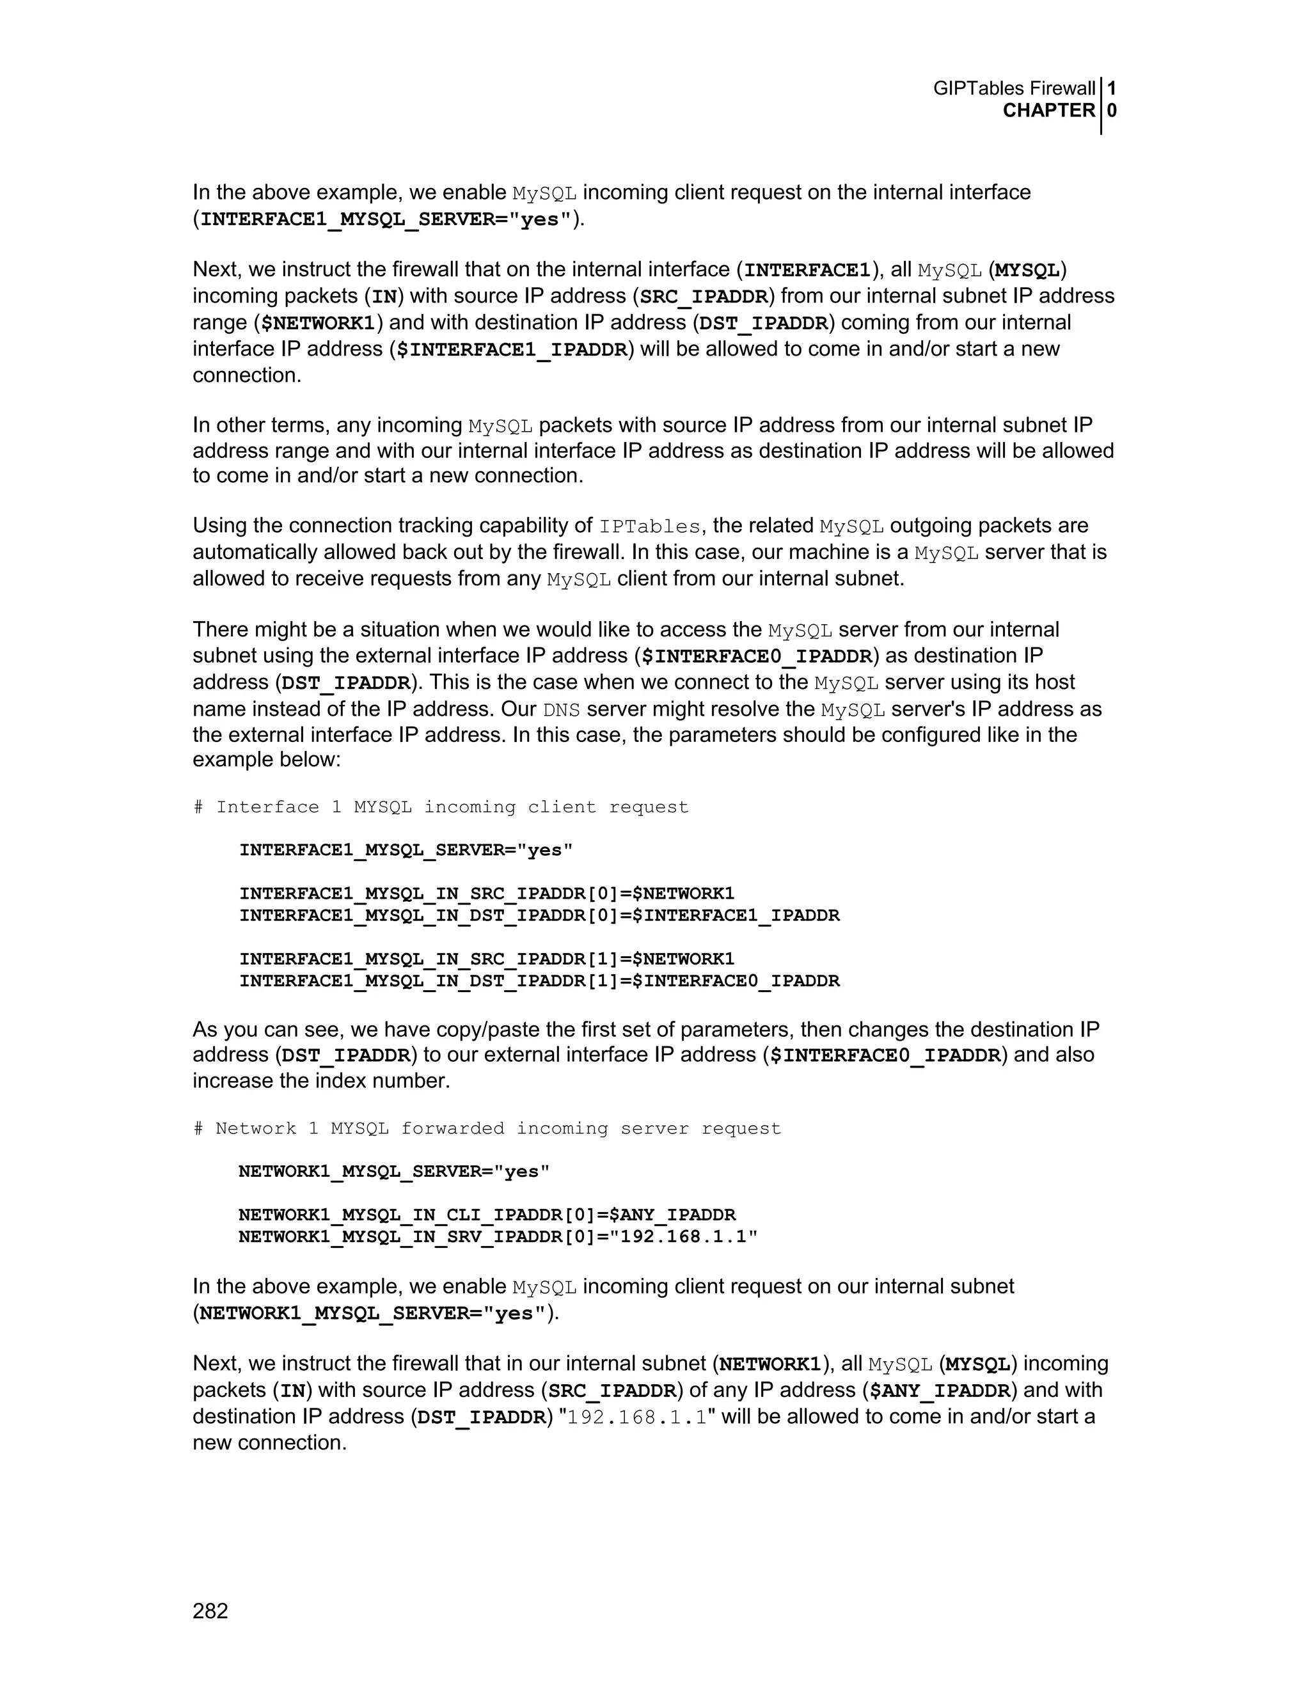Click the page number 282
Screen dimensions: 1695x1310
point(210,1611)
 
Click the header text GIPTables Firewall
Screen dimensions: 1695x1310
point(1014,88)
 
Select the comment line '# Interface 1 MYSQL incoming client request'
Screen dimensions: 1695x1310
point(441,807)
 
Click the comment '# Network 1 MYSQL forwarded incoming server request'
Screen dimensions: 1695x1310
point(487,1128)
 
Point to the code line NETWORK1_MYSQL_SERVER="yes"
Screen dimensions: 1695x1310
point(394,1171)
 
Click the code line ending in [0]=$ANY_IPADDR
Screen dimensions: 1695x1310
point(487,1215)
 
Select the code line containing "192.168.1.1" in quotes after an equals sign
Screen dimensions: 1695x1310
point(498,1236)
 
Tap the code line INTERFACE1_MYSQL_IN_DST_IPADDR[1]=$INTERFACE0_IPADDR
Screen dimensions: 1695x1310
point(539,981)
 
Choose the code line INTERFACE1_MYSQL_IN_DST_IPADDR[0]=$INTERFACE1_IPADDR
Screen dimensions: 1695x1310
point(539,916)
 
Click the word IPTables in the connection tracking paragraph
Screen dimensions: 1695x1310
point(650,527)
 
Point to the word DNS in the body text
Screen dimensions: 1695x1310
point(560,710)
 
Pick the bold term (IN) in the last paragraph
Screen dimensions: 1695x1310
point(292,1391)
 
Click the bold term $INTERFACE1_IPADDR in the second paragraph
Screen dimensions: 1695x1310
point(512,350)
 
